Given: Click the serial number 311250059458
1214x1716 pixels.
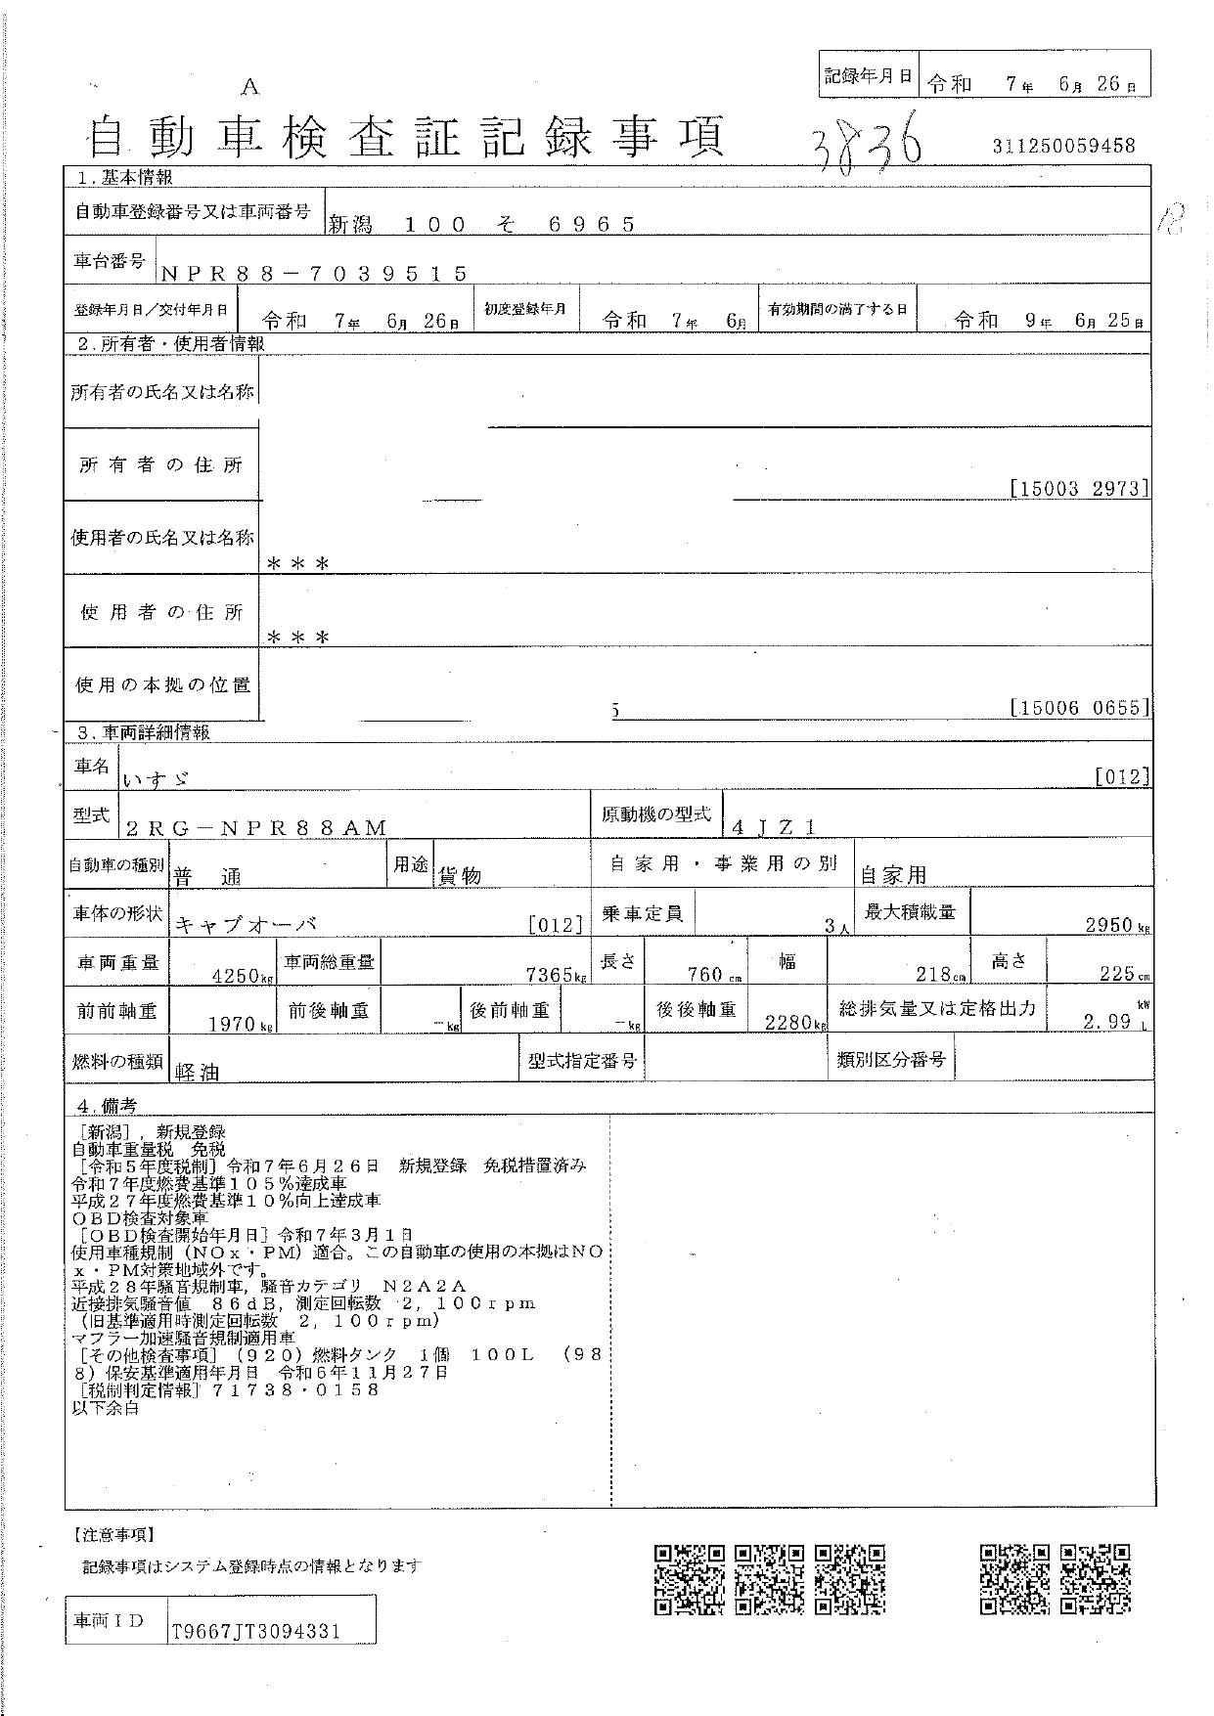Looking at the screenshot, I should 1062,147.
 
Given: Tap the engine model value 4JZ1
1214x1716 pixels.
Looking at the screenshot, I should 774,827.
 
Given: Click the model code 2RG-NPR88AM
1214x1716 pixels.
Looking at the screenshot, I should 257,828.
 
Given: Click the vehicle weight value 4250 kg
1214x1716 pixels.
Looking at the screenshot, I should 236,975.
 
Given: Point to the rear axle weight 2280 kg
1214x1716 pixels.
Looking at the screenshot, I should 789,1023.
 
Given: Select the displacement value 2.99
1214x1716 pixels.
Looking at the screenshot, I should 1107,1023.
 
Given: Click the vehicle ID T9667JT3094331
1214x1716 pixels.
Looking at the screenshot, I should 255,1632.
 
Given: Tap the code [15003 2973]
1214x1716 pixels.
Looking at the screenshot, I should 1078,488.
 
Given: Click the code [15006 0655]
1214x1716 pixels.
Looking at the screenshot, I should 1078,707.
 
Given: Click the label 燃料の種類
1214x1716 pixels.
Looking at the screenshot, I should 116,1062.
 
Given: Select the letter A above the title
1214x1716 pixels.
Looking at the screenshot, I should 250,87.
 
